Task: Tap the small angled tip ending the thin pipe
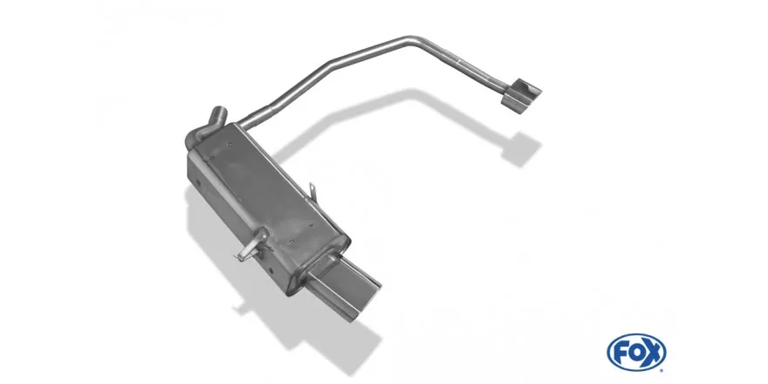tap(522, 93)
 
